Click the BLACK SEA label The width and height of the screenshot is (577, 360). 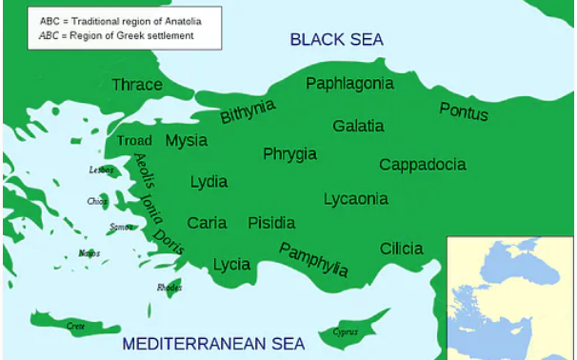(x=336, y=39)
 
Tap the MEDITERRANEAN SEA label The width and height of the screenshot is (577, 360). (x=213, y=344)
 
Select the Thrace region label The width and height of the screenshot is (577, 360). (x=137, y=85)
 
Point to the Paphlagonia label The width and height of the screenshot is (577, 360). (x=349, y=84)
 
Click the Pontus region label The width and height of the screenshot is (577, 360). (x=464, y=111)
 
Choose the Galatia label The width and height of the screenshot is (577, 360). (x=358, y=126)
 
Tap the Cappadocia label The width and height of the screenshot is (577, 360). (x=423, y=165)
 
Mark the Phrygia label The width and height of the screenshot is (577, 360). (x=290, y=154)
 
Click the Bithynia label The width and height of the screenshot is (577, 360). (x=248, y=111)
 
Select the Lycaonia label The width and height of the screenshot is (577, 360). (x=356, y=199)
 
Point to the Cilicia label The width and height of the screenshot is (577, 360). (x=401, y=249)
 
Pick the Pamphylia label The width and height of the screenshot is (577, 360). (x=313, y=259)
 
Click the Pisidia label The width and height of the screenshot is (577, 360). (x=271, y=223)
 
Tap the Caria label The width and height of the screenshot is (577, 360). (x=207, y=223)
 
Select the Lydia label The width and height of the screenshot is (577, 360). (x=209, y=182)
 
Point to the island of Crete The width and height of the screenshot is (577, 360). (x=76, y=326)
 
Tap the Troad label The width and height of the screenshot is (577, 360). (x=134, y=142)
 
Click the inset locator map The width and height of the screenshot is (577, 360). (x=511, y=296)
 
